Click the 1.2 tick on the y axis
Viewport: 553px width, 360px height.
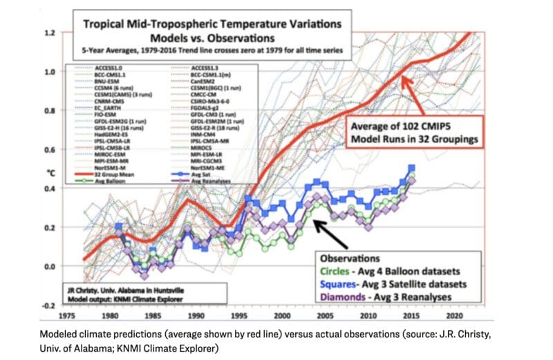49,33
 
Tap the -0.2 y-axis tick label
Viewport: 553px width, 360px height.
48,305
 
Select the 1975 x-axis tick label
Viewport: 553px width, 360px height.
66,313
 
